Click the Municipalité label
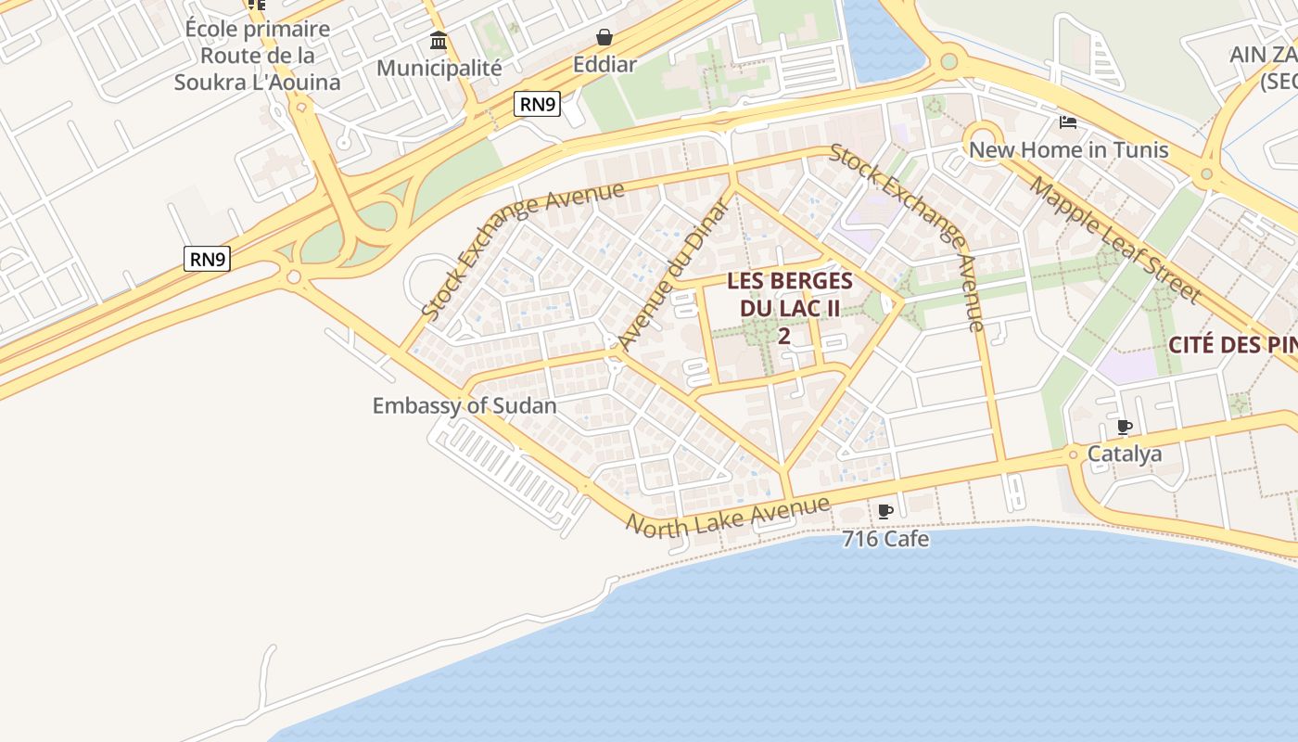pos(439,68)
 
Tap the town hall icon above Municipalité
pos(439,41)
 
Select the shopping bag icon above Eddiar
pos(604,37)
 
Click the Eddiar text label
pos(604,64)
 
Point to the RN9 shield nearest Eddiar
pos(538,104)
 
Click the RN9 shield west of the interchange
pos(207,259)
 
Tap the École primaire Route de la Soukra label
pos(257,56)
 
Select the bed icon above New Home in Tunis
pos(1068,122)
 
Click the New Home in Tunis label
pos(1068,149)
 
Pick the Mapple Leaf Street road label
pos(1114,239)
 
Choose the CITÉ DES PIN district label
pos(1232,345)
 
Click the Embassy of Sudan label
pos(464,405)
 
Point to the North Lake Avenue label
pos(728,515)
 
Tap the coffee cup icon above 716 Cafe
pos(885,511)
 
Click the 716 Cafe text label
pos(885,538)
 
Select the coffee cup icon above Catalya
pos(1125,427)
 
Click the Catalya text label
pos(1125,454)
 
